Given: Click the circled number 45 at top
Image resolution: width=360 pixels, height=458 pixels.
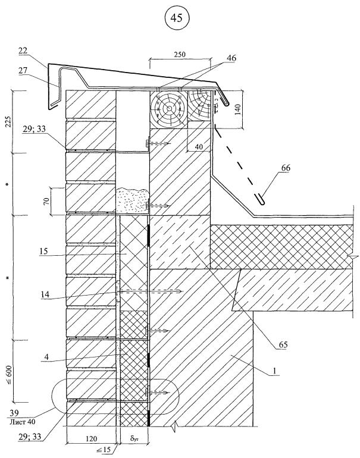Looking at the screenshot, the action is pyautogui.click(x=177, y=18).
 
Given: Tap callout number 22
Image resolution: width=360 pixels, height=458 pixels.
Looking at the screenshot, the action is pyautogui.click(x=23, y=51).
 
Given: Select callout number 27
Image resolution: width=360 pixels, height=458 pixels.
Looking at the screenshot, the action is pyautogui.click(x=23, y=70).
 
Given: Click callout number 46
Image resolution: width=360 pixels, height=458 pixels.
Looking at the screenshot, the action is pyautogui.click(x=231, y=58).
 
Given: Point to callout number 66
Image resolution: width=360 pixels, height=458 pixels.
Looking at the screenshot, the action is pyautogui.click(x=286, y=168).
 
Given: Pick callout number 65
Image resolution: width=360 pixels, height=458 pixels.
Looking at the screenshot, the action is pyautogui.click(x=283, y=344).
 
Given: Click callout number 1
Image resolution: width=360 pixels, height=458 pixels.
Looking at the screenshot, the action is pyautogui.click(x=274, y=371).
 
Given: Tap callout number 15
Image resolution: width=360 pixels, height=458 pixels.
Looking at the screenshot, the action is pyautogui.click(x=44, y=251).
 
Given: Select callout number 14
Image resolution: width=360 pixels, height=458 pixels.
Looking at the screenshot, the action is pyautogui.click(x=45, y=294).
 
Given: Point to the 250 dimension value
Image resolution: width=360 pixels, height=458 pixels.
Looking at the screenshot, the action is pyautogui.click(x=180, y=55).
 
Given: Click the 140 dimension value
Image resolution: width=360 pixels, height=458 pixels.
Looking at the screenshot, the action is pyautogui.click(x=238, y=109).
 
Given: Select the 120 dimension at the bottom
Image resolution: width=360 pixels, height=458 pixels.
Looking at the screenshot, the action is pyautogui.click(x=91, y=438).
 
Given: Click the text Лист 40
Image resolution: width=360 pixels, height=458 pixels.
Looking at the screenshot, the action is pyautogui.click(x=22, y=422).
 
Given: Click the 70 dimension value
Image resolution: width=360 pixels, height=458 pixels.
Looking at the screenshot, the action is pyautogui.click(x=46, y=201).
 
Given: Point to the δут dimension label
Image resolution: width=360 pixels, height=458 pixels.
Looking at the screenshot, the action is pyautogui.click(x=134, y=438).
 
